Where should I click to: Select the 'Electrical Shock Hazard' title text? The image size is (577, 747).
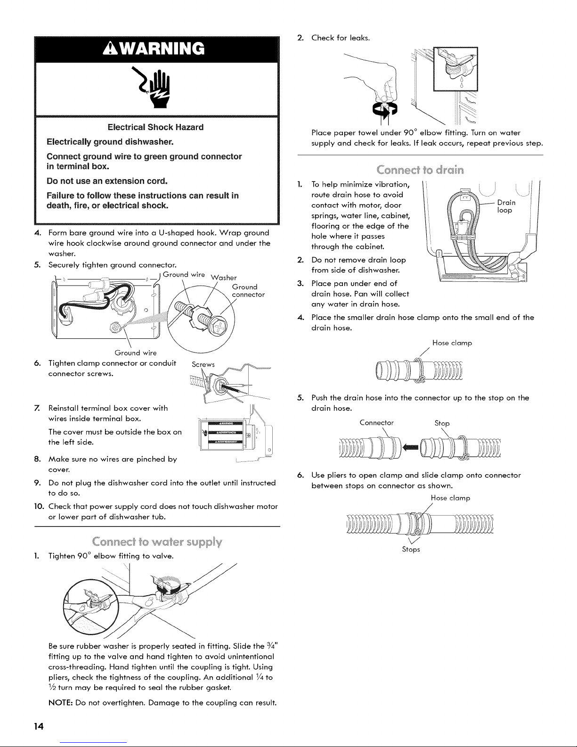(155, 127)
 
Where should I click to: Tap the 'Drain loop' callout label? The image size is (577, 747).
(506, 206)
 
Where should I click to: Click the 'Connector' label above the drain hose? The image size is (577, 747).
(376, 423)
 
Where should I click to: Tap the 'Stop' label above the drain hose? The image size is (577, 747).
(441, 423)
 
